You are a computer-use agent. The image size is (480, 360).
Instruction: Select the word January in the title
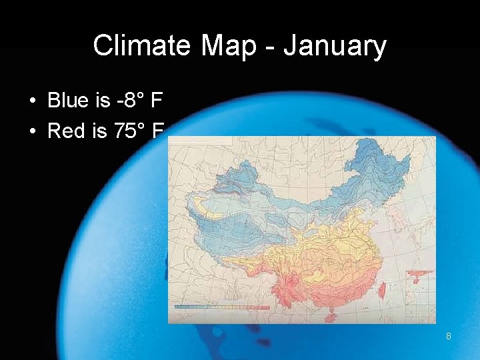tap(335, 46)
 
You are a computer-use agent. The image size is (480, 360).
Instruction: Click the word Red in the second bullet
tap(67, 131)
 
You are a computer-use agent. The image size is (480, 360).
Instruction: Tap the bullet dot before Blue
tap(33, 101)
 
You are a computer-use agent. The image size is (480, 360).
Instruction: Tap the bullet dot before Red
tap(33, 131)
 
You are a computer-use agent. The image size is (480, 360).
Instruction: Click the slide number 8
tap(449, 337)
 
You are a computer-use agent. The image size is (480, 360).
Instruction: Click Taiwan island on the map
tap(383, 289)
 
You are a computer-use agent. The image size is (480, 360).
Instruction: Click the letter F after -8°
tap(157, 101)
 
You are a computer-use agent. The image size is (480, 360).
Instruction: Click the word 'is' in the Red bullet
tap(100, 131)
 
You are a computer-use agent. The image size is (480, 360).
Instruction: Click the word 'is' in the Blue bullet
tap(102, 101)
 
